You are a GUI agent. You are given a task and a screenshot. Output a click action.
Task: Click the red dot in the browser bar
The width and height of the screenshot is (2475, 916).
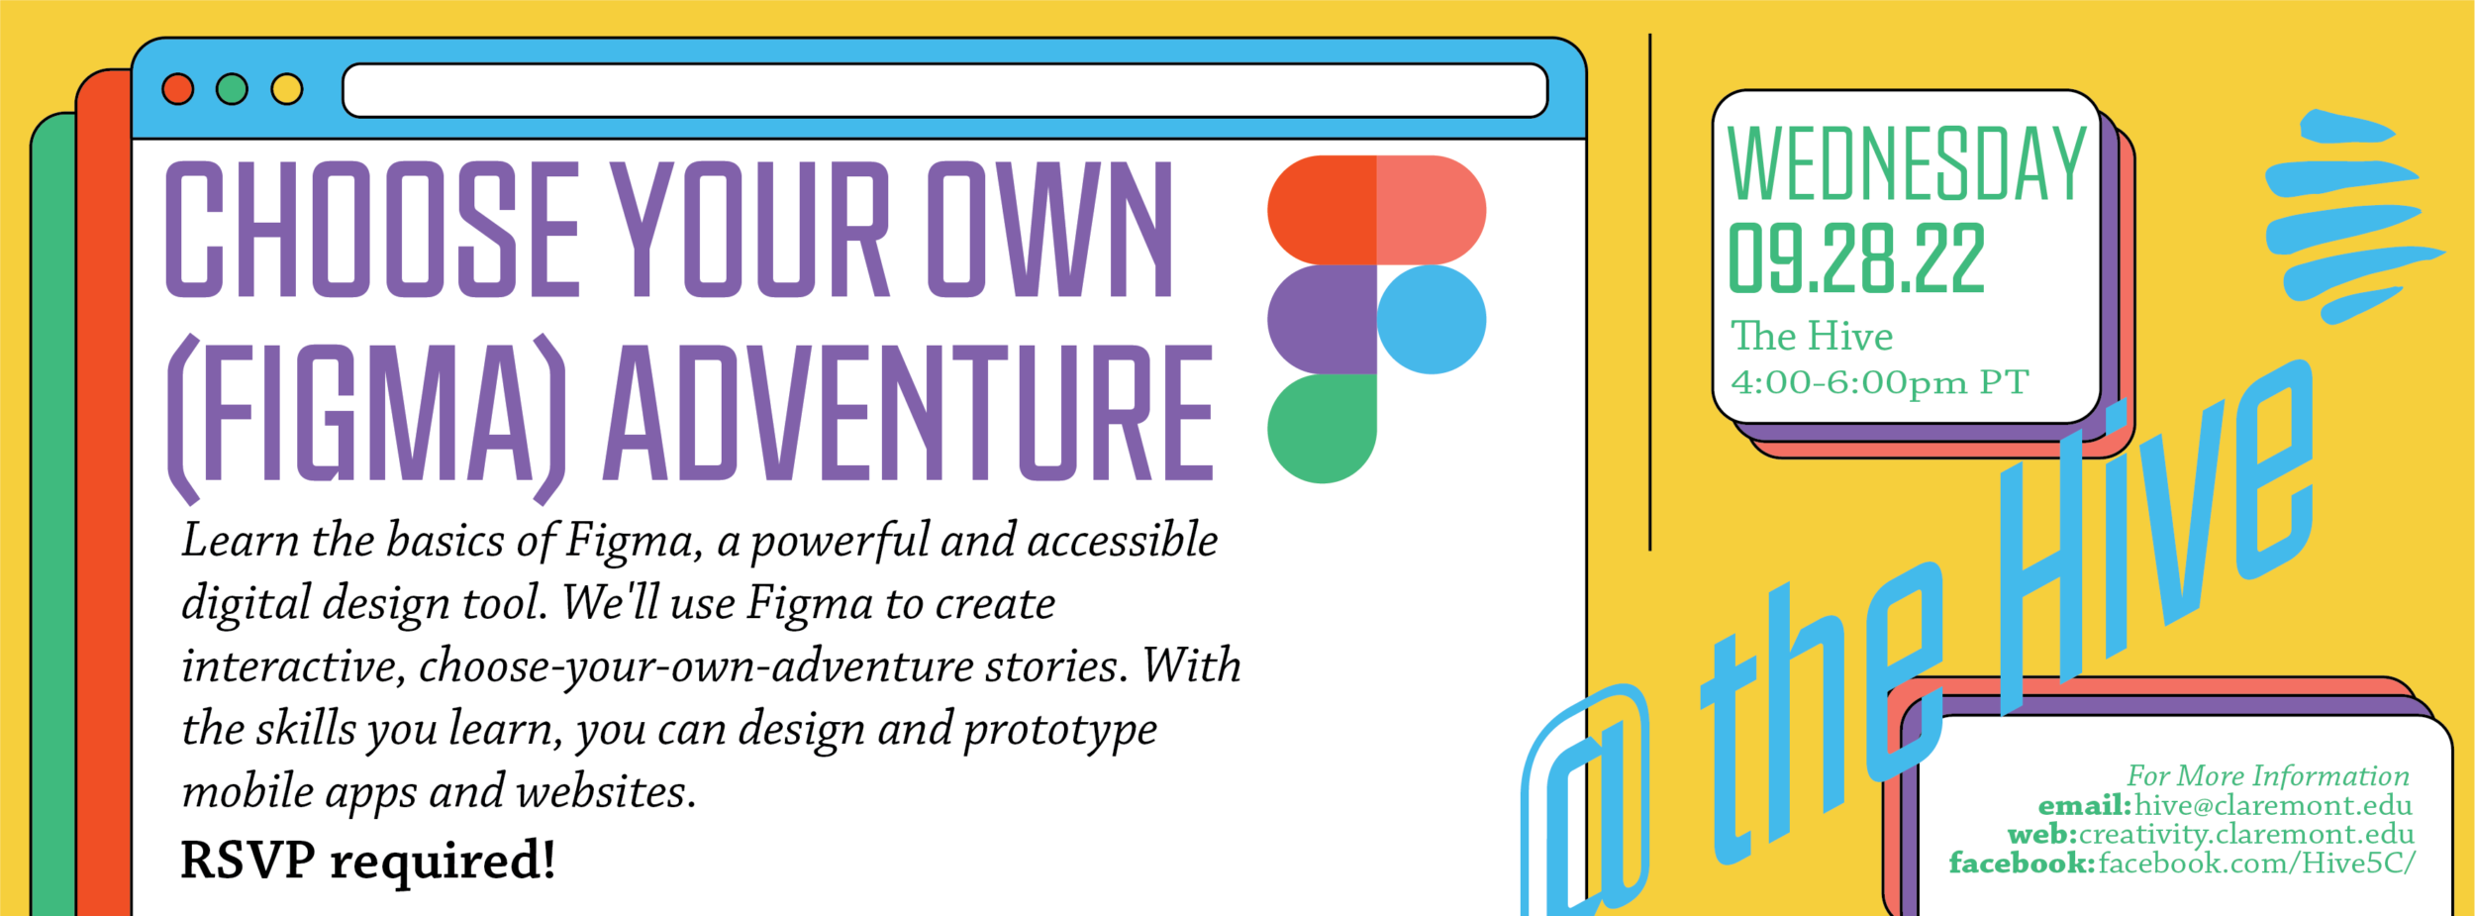pos(178,89)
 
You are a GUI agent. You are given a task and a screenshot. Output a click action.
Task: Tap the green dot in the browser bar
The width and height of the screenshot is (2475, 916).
pos(232,89)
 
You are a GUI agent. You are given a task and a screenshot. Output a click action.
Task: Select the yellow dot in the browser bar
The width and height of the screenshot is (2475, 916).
pos(287,89)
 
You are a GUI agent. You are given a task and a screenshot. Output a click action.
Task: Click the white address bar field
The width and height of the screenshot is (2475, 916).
pos(944,90)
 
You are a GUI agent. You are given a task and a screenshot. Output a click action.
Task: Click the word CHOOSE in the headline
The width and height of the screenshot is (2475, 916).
pos(371,229)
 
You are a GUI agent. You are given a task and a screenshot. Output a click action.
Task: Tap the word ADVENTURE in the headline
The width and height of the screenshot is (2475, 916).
pos(909,413)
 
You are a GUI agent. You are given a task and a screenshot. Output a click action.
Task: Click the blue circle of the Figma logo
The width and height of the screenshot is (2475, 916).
pos(1431,319)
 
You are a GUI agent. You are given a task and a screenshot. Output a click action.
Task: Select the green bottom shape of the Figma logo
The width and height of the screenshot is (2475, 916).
pos(1322,429)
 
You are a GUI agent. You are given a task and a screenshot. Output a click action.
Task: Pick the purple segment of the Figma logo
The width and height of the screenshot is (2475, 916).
pos(1322,319)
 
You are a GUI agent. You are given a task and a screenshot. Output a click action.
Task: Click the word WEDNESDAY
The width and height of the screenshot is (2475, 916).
pos(1907,164)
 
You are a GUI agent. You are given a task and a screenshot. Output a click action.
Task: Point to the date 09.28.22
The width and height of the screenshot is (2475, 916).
pos(1856,257)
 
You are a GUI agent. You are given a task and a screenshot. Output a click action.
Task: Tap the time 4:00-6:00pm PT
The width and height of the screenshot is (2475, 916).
pos(1880,382)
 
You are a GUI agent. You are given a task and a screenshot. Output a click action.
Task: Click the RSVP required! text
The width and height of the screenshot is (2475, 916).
pos(367,860)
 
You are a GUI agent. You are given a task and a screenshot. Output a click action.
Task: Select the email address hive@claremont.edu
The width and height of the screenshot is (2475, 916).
pos(2273,806)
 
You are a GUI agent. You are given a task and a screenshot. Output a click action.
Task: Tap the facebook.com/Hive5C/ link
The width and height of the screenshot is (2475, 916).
pos(2256,864)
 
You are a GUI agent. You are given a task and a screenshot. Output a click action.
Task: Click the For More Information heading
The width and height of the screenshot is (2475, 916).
pos(2268,775)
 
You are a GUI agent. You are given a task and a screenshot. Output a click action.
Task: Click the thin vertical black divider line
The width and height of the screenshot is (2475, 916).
pos(1649,291)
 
